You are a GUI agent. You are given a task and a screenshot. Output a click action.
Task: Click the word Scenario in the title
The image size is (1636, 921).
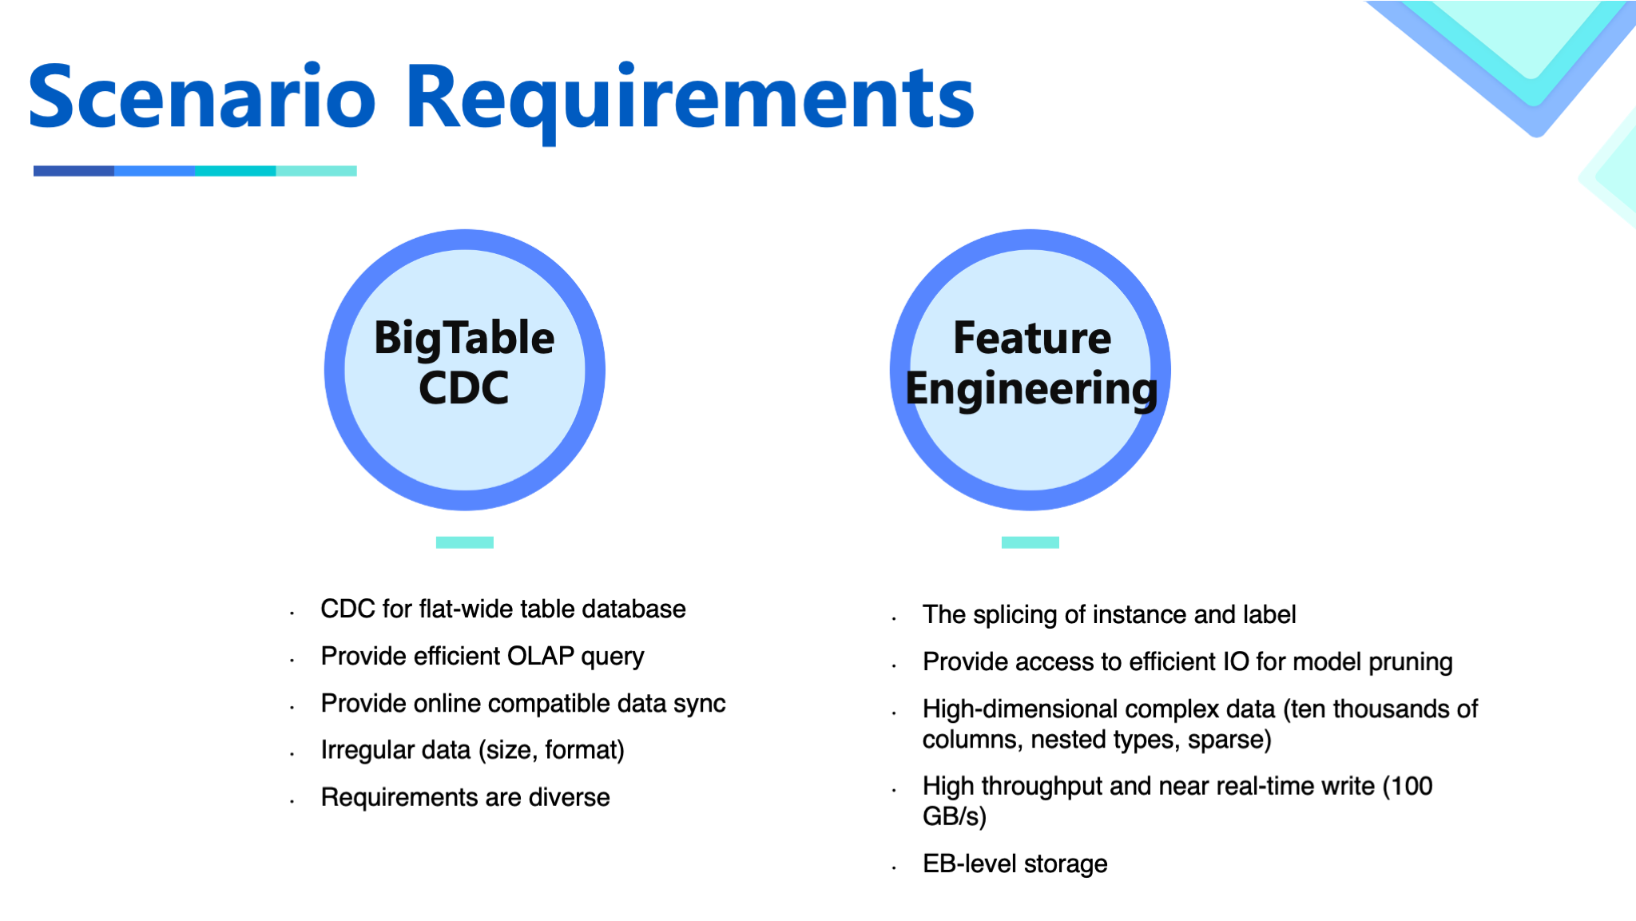tap(201, 97)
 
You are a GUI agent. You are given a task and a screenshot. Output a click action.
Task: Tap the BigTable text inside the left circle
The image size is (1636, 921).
tap(464, 338)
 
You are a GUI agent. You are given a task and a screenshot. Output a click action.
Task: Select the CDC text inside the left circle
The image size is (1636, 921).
tap(464, 388)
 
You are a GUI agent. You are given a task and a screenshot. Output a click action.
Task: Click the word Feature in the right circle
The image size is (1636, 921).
tap(1031, 338)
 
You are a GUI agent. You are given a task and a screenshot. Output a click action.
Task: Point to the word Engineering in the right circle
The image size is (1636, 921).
tap(1031, 390)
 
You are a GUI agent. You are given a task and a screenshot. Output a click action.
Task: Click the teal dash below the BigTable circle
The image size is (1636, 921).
tap(464, 542)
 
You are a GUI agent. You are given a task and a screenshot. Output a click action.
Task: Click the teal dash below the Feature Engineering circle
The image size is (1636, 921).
tap(1030, 542)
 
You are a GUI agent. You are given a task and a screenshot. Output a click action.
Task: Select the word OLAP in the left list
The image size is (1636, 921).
tap(541, 657)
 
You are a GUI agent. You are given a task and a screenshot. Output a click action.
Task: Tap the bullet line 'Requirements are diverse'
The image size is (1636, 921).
tap(465, 797)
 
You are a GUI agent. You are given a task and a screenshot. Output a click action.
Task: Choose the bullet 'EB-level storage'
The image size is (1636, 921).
tap(1015, 863)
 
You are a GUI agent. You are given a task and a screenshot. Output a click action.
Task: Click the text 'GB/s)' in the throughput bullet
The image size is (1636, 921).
tap(955, 816)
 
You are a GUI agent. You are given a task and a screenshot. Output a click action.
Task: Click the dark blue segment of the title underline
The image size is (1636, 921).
tap(73, 171)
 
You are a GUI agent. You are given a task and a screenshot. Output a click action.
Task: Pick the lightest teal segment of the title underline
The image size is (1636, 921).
tap(316, 171)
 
